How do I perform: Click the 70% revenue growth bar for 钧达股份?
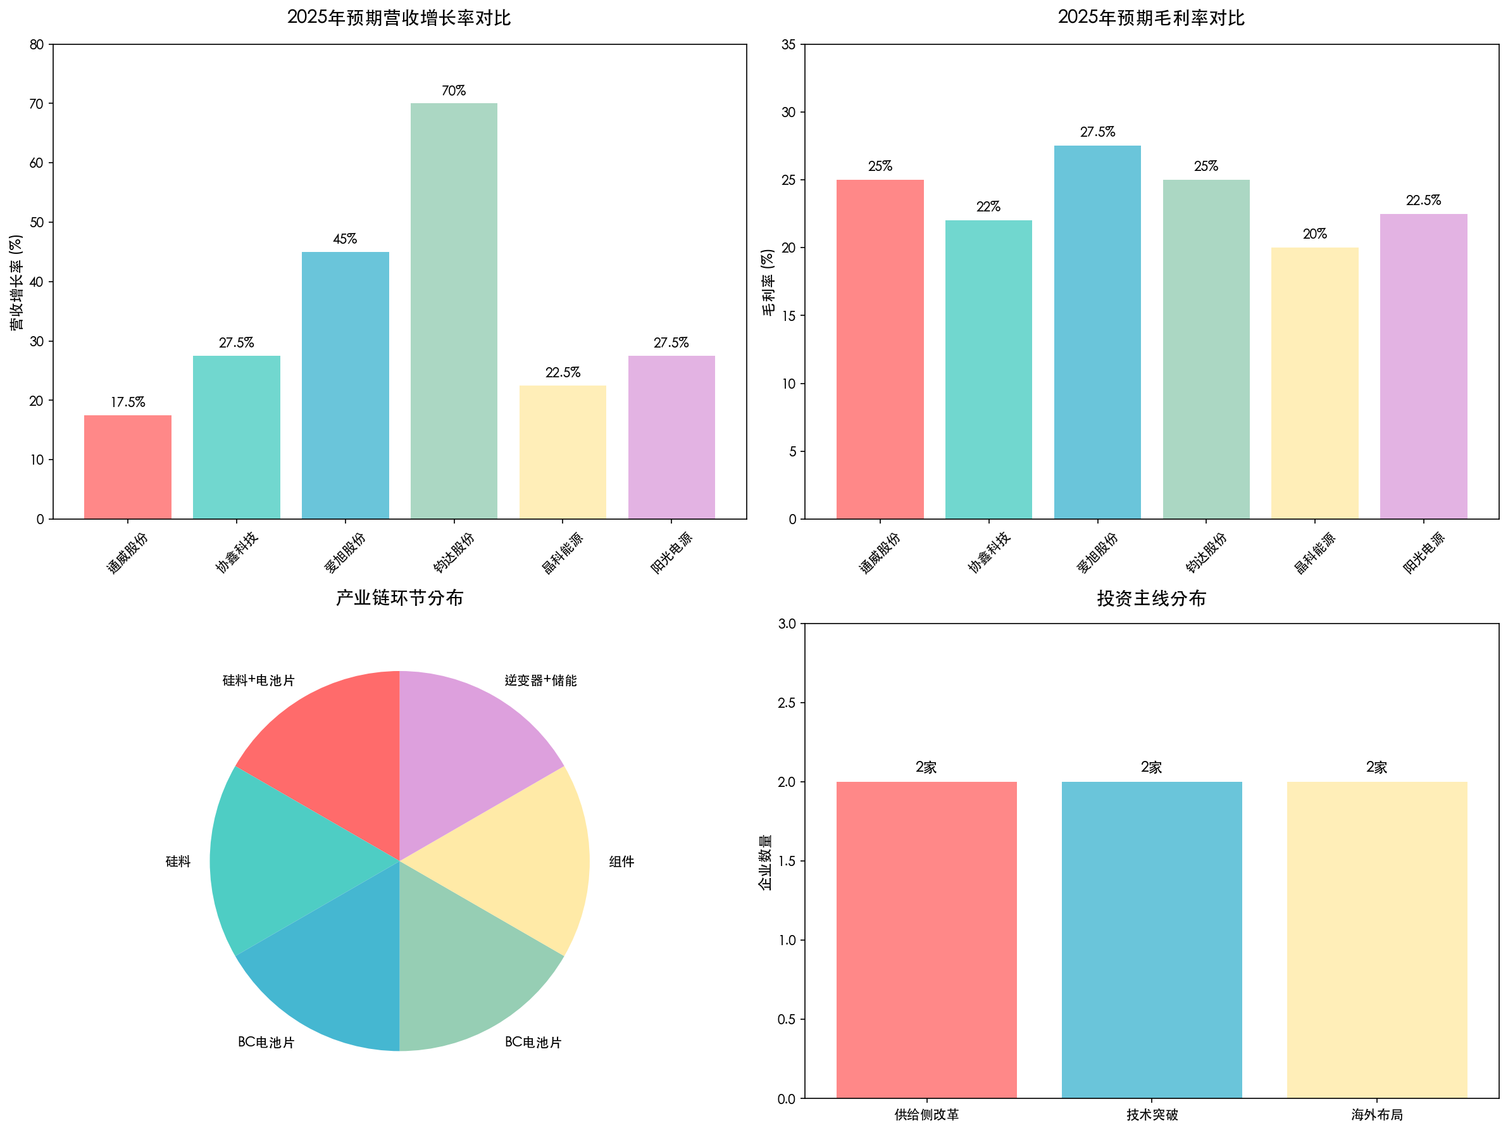click(453, 310)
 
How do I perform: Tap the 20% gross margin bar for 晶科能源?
click(1314, 382)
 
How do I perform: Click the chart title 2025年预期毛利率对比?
click(1150, 18)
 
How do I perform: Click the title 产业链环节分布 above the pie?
click(399, 598)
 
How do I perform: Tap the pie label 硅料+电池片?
click(258, 681)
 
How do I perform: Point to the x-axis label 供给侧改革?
click(926, 1114)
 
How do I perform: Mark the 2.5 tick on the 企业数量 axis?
click(787, 703)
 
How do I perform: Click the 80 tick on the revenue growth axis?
click(37, 45)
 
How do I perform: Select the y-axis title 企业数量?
click(766, 862)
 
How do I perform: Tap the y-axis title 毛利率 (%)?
click(768, 282)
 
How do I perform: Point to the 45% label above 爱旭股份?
click(345, 239)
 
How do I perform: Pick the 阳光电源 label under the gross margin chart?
click(1423, 553)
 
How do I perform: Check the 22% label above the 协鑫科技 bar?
click(988, 206)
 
